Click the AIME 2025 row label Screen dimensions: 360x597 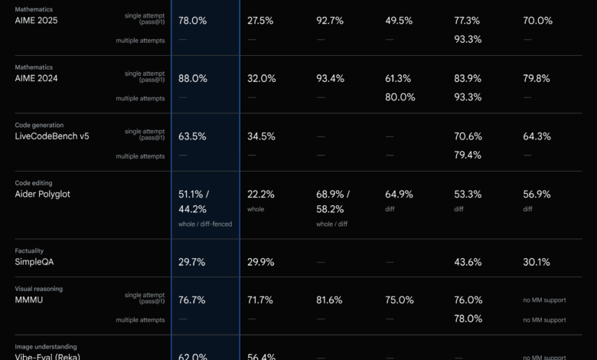[36, 21]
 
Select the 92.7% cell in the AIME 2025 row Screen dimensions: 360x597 [330, 21]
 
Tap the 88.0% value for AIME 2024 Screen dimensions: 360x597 [192, 78]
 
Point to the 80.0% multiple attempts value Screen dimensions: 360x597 [400, 97]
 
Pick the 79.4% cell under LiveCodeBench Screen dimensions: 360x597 [468, 155]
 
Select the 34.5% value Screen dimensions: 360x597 [261, 136]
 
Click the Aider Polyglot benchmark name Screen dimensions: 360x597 [42, 194]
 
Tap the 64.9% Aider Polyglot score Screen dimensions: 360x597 [400, 194]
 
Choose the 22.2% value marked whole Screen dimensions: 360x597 [261, 194]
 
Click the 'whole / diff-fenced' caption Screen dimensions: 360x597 [205, 224]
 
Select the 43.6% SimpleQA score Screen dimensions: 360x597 [468, 262]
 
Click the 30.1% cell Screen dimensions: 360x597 [536, 262]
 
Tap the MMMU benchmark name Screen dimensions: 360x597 [30, 300]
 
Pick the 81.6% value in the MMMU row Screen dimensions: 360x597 [330, 300]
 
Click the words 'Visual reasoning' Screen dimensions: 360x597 [39, 289]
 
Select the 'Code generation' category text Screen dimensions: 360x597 [40, 125]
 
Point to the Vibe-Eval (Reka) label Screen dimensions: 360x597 [47, 356]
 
